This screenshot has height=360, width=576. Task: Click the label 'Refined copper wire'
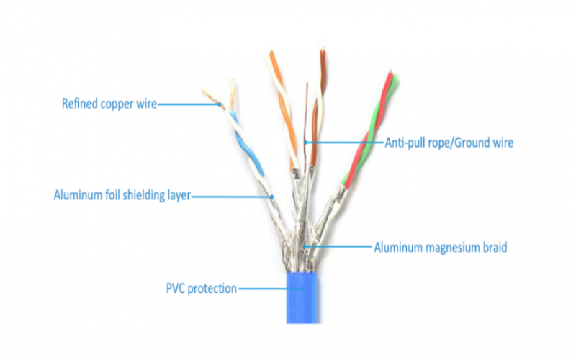click(x=109, y=104)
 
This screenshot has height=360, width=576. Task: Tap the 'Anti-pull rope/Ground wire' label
click(x=449, y=143)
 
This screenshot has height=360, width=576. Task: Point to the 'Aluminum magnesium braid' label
click(x=441, y=248)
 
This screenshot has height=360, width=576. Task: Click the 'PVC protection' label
click(x=201, y=289)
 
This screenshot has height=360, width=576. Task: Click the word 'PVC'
click(x=177, y=289)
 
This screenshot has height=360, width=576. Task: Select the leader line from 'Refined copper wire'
click(x=189, y=105)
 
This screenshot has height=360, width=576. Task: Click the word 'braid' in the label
click(x=495, y=248)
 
